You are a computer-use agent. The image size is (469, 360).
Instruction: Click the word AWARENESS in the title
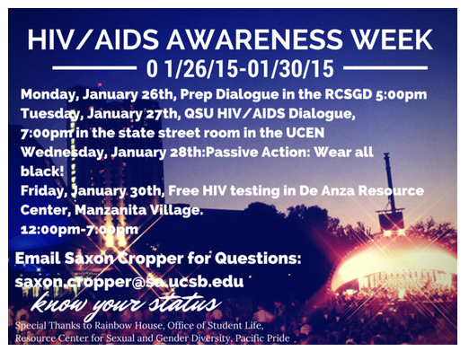(254, 40)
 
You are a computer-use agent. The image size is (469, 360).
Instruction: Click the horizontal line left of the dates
(94, 68)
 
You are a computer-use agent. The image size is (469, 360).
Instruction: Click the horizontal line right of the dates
(385, 68)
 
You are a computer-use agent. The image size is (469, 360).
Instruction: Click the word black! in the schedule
(42, 171)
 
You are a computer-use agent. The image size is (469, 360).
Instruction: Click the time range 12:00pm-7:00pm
(79, 230)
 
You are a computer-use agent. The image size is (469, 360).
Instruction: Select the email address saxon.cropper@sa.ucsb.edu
(129, 282)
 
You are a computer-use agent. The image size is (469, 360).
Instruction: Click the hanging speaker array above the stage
(391, 221)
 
